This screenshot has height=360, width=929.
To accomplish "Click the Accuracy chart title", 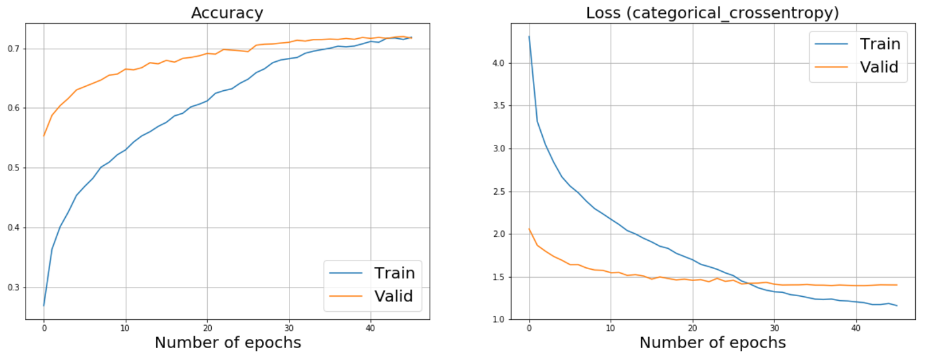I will tap(227, 13).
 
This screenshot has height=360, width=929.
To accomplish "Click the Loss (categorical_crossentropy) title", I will tap(713, 13).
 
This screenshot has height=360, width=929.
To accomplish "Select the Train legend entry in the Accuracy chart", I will tap(394, 272).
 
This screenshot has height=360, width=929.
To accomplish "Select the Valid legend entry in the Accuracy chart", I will tap(393, 296).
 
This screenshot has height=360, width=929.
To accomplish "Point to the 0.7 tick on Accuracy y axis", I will tap(13, 49).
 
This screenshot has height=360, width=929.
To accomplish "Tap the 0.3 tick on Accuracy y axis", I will tap(13, 288).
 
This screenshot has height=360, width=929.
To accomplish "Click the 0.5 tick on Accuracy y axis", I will tap(13, 168).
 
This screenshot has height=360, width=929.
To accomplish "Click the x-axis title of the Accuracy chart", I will tap(228, 343).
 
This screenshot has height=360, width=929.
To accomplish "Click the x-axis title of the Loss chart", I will tap(713, 343).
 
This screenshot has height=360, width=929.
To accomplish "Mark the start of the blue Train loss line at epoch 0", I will tap(529, 37).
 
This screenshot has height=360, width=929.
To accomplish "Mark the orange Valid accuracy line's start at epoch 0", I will tap(44, 136).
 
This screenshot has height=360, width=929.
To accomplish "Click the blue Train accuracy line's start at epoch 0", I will tap(44, 305).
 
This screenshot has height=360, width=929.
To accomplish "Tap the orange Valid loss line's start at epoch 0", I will tap(529, 229).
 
